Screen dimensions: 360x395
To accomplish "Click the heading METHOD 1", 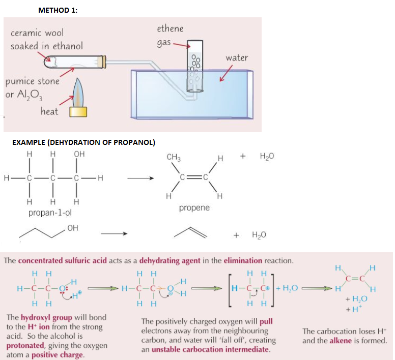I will point(58,11).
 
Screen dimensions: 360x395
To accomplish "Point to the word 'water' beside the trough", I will point(236,57).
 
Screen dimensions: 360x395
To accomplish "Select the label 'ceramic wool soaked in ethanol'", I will point(46,39).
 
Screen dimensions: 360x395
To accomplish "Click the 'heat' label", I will point(49,111).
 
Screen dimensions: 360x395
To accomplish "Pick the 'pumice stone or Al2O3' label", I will point(32,86).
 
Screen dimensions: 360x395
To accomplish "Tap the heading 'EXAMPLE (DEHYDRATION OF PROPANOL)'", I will point(83,141).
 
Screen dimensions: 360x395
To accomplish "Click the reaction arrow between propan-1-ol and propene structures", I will point(140,178).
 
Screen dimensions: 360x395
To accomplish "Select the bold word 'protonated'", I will point(24,345).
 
